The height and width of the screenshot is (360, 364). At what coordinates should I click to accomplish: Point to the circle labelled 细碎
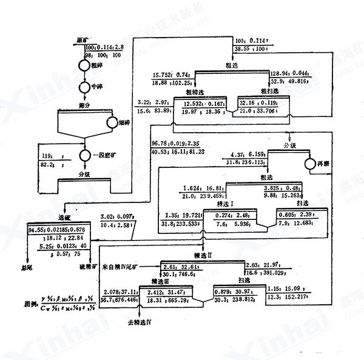point(112,122)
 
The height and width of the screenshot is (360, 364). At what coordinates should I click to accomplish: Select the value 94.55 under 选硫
point(36,229)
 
